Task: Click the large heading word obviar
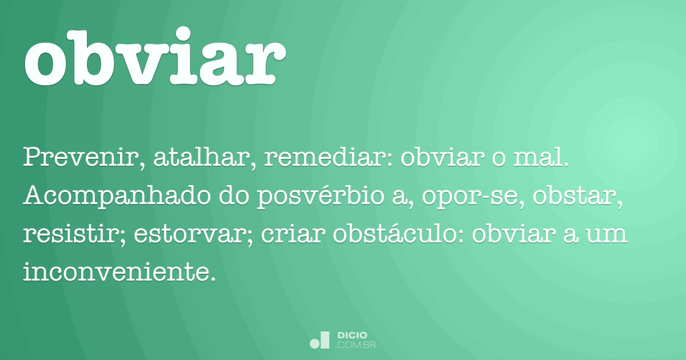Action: point(155,57)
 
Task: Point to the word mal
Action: point(541,158)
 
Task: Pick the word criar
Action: point(293,234)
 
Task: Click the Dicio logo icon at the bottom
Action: point(320,340)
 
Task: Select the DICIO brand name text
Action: point(352,335)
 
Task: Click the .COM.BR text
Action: point(356,345)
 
